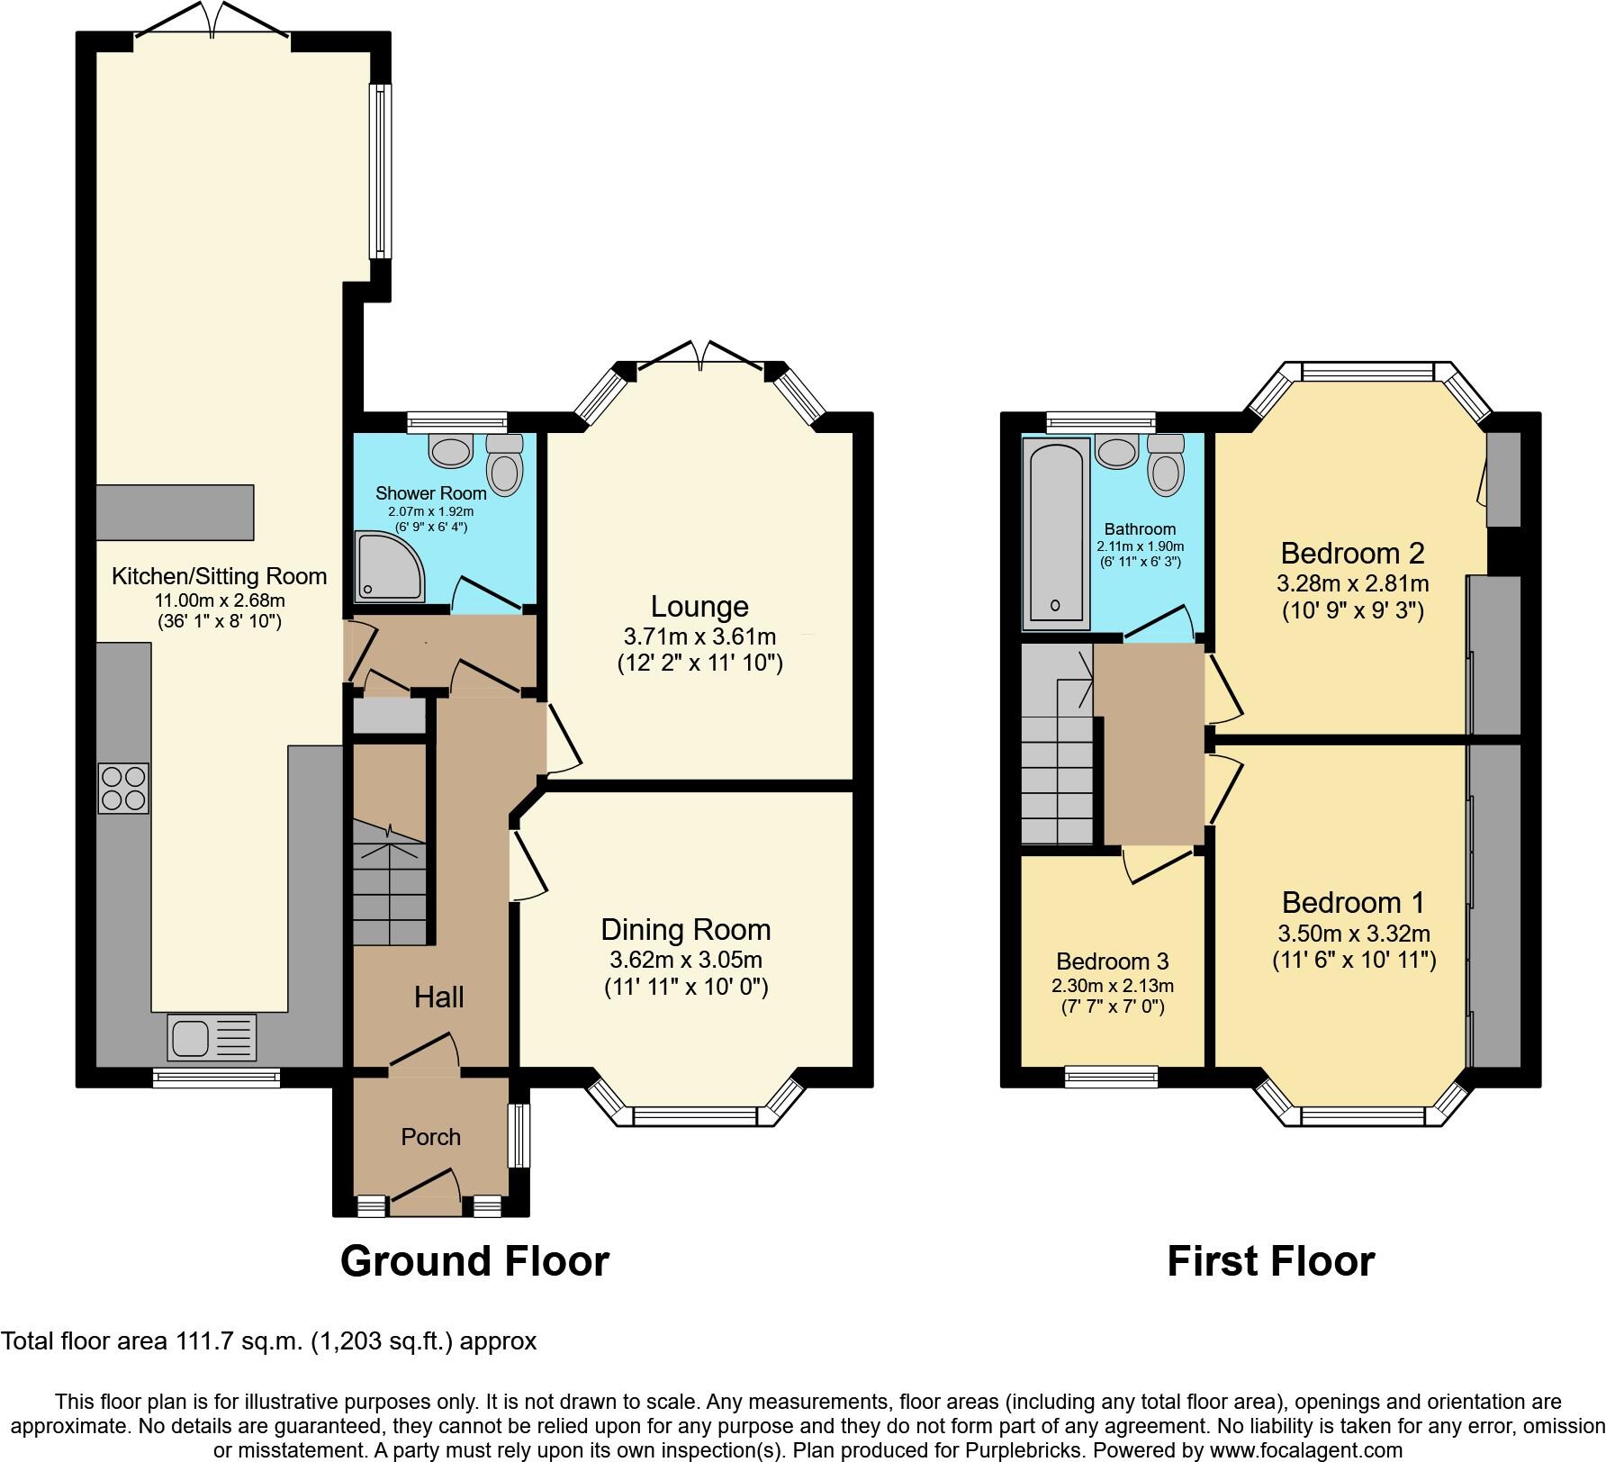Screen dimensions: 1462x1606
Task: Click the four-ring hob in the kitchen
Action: pyautogui.click(x=123, y=788)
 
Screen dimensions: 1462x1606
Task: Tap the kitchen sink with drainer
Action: pyautogui.click(x=212, y=1036)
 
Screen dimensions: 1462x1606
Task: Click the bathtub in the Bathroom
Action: pyautogui.click(x=1056, y=533)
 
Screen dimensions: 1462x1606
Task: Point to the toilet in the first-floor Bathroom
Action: pyautogui.click(x=1167, y=465)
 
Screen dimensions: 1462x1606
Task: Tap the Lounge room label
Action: pyautogui.click(x=699, y=606)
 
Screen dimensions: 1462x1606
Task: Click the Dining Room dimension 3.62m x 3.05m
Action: pyautogui.click(x=685, y=960)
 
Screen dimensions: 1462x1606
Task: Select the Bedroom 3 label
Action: pyautogui.click(x=1113, y=961)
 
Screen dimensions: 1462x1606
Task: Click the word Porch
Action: pyautogui.click(x=430, y=1137)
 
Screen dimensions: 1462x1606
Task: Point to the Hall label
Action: pyautogui.click(x=439, y=997)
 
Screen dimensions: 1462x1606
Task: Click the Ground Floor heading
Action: pyautogui.click(x=474, y=1261)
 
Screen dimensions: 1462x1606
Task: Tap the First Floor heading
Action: pyautogui.click(x=1270, y=1261)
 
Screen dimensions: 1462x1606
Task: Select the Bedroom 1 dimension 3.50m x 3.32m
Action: pyautogui.click(x=1353, y=934)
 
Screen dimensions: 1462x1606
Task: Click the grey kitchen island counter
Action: pyautogui.click(x=174, y=512)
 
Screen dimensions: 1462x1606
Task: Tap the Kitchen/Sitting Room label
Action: pyautogui.click(x=219, y=576)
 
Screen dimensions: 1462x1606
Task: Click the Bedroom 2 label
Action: pyautogui.click(x=1352, y=552)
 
